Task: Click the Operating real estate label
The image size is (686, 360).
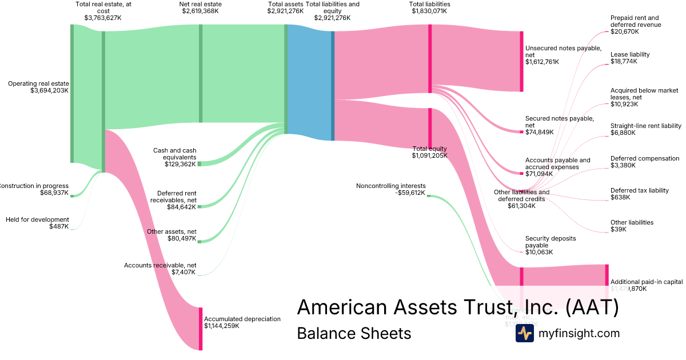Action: click(38, 83)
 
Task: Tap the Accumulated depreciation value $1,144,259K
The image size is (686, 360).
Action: click(221, 326)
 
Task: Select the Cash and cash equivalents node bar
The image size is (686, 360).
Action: click(200, 164)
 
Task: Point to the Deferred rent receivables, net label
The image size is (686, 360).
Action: click(173, 197)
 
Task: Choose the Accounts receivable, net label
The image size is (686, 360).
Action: click(160, 265)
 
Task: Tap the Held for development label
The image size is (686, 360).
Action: click(37, 219)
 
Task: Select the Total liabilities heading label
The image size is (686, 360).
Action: click(429, 4)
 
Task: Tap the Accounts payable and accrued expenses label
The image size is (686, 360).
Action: click(557, 163)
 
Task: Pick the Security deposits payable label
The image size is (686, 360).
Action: click(551, 241)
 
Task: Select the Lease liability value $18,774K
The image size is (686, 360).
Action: click(624, 61)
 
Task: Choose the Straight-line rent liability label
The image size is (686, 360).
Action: click(645, 126)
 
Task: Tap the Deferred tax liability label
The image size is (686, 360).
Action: click(639, 190)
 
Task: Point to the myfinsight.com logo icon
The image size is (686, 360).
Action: click(524, 334)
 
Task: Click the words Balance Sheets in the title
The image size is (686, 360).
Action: click(354, 333)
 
